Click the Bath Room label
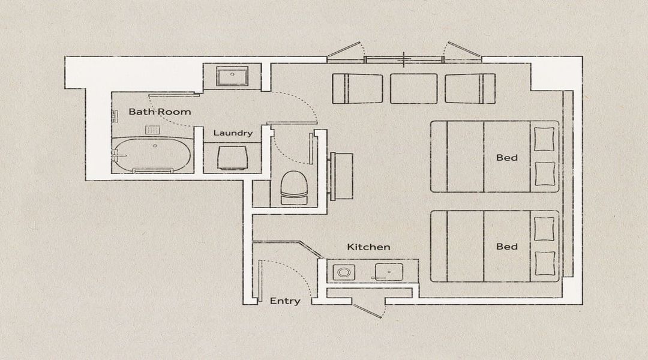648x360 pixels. coord(160,112)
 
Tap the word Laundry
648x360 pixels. coord(233,133)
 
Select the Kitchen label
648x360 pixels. coord(368,247)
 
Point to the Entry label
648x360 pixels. coord(285,301)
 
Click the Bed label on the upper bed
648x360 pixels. coord(506,157)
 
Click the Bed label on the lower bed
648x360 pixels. coord(506,247)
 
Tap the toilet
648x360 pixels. coord(294,188)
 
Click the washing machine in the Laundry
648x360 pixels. coord(232,157)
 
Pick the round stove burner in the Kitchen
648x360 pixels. coord(343,272)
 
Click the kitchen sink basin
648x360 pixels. coord(389,272)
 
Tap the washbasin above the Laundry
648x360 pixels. coord(232,76)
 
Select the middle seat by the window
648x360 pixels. coord(413,88)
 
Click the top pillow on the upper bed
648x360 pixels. coord(545,139)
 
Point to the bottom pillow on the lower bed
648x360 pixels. coord(545,263)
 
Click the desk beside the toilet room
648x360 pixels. coord(341,176)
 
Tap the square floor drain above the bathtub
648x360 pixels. coord(152,130)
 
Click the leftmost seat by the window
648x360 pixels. coord(358,88)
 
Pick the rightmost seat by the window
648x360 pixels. coord(470,88)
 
